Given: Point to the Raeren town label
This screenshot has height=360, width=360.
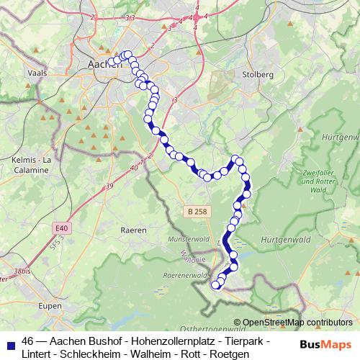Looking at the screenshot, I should pos(135,230).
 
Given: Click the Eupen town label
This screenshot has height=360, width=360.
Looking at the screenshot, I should pos(50,305).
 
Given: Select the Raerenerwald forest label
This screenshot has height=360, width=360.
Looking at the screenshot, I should pos(186,275).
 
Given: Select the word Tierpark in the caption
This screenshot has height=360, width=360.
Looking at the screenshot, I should pos(240,341).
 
